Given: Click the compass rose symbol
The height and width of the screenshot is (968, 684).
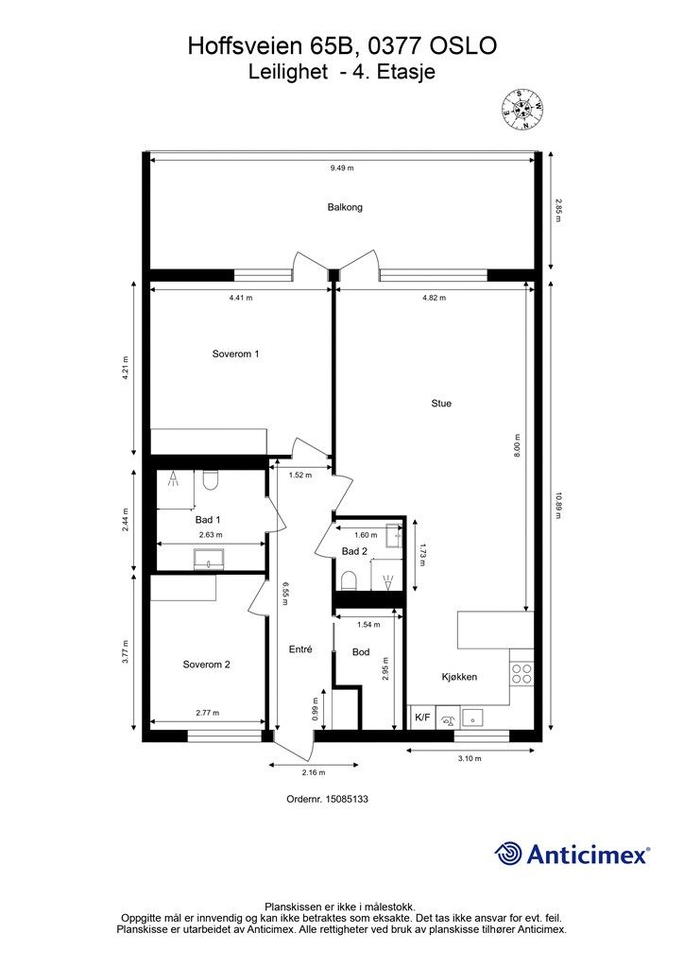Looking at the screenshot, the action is (522, 111).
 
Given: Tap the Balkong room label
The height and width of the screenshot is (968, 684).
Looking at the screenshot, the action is (345, 207).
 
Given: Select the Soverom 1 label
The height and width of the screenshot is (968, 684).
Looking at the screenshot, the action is (235, 354).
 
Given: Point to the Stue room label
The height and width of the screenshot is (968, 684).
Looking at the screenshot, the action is (441, 403).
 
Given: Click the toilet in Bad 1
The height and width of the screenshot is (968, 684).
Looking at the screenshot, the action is (211, 479).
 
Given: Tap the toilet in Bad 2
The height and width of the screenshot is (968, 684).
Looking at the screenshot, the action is (350, 580).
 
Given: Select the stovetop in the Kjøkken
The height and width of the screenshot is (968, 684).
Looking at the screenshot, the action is (522, 673).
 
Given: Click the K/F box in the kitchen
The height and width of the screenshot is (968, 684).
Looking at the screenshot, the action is (422, 717).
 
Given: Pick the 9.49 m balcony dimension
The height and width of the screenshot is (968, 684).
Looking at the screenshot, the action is (342, 168).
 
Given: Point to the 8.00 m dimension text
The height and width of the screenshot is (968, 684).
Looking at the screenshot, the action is (518, 446).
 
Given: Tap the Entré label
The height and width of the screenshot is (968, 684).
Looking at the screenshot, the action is (300, 649).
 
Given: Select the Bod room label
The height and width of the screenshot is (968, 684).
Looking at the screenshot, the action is (361, 652).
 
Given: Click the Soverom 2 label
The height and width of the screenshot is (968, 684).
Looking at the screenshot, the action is (207, 665).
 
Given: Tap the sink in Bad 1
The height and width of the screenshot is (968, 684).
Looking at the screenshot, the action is (210, 560).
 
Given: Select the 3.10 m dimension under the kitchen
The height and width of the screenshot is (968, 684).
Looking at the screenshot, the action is (470, 759).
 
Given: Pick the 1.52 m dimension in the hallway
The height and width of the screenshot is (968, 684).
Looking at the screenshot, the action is (300, 475).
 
